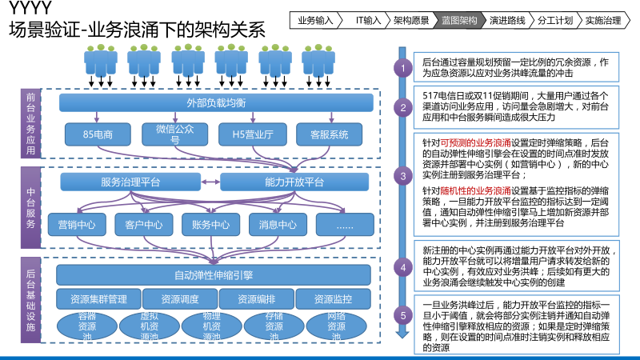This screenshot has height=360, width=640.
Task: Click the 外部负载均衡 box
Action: coord(216,102)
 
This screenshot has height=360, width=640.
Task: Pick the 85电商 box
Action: coord(93,134)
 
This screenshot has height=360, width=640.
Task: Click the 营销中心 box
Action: coord(77,225)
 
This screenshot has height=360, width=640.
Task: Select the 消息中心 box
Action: coord(277,225)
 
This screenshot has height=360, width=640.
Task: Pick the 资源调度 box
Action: coord(180,299)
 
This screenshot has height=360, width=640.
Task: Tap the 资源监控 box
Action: coord(334,299)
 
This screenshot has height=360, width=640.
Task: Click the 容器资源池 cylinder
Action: coord(87,326)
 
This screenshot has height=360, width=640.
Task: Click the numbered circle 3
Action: coord(404,175)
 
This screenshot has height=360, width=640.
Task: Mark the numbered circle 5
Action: coord(404,315)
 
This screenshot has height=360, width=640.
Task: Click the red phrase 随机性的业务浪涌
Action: coord(482,192)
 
